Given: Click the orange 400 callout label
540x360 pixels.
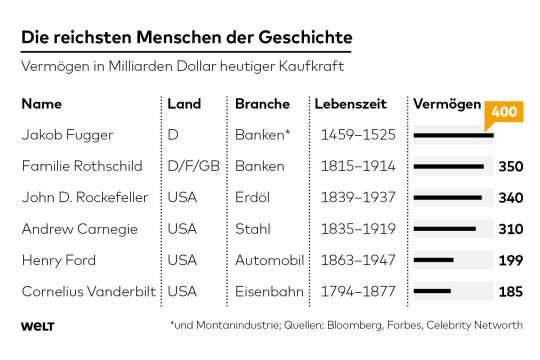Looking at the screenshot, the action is [504, 112].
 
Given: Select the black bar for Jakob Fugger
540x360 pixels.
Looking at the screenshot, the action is [454, 135].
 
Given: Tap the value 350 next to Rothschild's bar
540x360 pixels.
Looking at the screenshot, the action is [511, 167].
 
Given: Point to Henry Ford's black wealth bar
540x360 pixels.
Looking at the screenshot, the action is [434, 260].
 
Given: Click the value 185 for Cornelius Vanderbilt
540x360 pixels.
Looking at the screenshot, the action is [511, 292].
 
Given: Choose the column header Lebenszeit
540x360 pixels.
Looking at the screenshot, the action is [350, 104].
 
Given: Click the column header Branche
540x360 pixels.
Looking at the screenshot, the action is [262, 104].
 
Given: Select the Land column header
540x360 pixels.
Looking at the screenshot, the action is [184, 104].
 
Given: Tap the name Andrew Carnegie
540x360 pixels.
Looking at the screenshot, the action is [80, 229].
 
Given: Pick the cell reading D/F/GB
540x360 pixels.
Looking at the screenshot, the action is [194, 166].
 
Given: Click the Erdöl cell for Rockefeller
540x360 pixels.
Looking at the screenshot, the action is [252, 197].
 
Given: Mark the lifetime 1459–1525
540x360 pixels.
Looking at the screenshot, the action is [358, 135].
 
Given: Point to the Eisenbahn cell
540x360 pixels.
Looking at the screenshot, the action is [269, 292].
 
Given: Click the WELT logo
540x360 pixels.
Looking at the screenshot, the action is [38, 326].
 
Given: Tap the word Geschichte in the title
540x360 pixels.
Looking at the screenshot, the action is [305, 37].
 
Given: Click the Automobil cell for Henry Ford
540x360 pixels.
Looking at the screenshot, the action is [269, 260].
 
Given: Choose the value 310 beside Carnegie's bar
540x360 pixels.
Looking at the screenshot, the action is [511, 229].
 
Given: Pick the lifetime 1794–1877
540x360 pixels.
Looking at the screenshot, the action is [358, 292].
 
